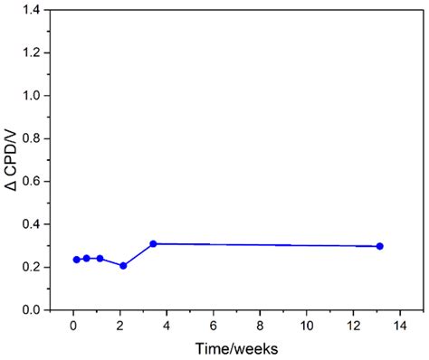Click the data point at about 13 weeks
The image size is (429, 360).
point(380,246)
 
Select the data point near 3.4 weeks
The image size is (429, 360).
point(153,243)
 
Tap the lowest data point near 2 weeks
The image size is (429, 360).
point(123,266)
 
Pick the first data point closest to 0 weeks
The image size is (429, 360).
point(76,260)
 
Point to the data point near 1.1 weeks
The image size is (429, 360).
point(100,259)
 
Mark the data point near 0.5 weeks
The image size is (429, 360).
point(87,259)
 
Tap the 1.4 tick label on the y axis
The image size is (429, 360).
point(41,10)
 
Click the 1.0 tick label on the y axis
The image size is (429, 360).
point(41,96)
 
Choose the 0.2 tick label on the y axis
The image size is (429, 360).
point(41,268)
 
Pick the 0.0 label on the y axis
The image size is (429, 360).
point(41,310)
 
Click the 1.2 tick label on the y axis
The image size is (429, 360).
point(41,52)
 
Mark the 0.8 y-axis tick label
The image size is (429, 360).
point(41,138)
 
